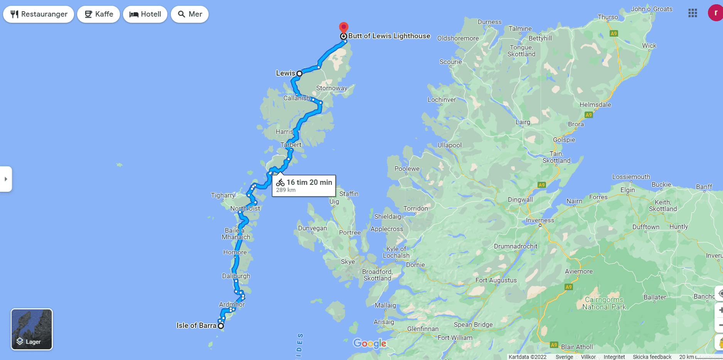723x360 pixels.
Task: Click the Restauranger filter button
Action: [39, 14]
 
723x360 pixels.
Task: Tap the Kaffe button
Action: [99, 14]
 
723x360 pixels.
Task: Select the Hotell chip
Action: [145, 14]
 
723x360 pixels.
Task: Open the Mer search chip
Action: [190, 14]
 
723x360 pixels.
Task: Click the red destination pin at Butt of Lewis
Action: [344, 27]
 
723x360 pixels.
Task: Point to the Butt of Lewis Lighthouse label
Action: [389, 36]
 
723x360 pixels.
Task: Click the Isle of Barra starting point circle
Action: [221, 326]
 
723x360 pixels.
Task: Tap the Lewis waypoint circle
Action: [299, 73]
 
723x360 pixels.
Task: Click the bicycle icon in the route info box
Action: [280, 183]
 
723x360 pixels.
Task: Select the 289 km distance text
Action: [286, 190]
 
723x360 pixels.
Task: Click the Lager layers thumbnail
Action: [32, 329]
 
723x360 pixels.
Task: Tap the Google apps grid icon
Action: [693, 13]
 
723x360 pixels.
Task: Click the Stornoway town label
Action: [332, 88]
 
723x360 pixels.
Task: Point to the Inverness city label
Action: [540, 220]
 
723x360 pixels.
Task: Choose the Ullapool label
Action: [449, 145]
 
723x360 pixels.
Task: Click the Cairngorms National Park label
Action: [604, 303]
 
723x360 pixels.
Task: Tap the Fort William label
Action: [455, 338]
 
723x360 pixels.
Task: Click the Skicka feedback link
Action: [652, 357]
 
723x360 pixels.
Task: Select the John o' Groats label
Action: [651, 9]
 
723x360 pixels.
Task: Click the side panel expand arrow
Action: [6, 179]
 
